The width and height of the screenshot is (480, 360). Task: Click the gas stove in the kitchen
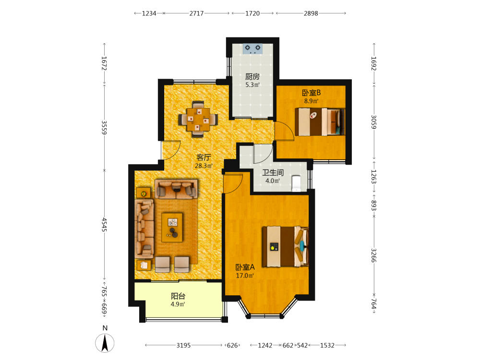252,48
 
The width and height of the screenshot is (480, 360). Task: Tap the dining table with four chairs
198,119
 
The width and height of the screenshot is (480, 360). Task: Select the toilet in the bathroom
296,183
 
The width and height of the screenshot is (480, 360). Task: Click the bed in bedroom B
320,122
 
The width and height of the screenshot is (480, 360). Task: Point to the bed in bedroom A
285,246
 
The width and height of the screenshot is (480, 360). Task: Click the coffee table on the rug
172,228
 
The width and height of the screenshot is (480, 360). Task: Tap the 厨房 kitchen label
252,76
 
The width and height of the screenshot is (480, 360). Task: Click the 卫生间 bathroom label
273,172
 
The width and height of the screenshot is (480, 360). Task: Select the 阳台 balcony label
178,296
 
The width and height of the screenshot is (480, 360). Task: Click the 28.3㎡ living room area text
204,166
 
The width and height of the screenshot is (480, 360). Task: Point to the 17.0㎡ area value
245,276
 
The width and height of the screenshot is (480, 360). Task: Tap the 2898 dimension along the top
311,13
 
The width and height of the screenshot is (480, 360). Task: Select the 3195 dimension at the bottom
183,345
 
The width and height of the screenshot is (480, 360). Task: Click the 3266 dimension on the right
374,255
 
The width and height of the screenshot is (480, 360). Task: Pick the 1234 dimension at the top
149,13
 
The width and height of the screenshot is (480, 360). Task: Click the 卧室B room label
312,93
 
